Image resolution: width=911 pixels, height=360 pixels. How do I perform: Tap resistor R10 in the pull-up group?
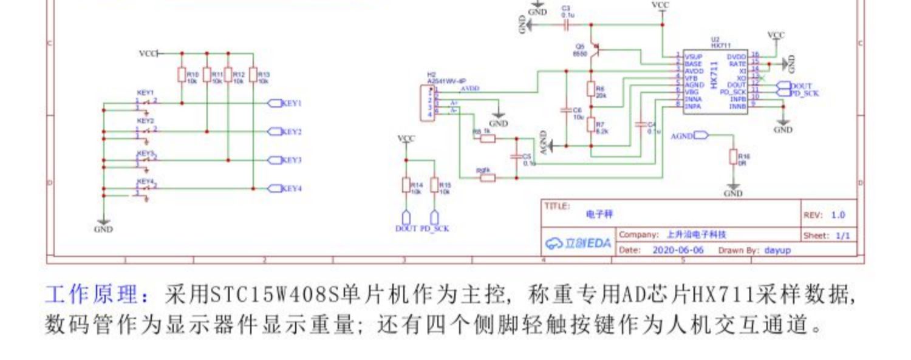[x=181, y=75]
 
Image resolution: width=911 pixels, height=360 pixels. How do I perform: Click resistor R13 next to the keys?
[x=253, y=75]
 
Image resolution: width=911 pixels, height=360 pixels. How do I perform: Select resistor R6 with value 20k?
[x=590, y=89]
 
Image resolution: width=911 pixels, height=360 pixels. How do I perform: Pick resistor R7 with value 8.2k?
[x=590, y=124]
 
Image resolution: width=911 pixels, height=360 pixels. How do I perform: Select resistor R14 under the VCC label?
[x=406, y=185]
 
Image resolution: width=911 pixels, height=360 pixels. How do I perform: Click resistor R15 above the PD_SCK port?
[x=434, y=185]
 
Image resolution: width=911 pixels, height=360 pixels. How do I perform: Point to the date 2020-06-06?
[x=678, y=250]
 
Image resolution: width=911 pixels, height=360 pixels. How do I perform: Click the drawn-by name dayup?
[x=777, y=250]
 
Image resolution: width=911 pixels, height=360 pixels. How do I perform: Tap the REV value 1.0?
[x=838, y=215]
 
